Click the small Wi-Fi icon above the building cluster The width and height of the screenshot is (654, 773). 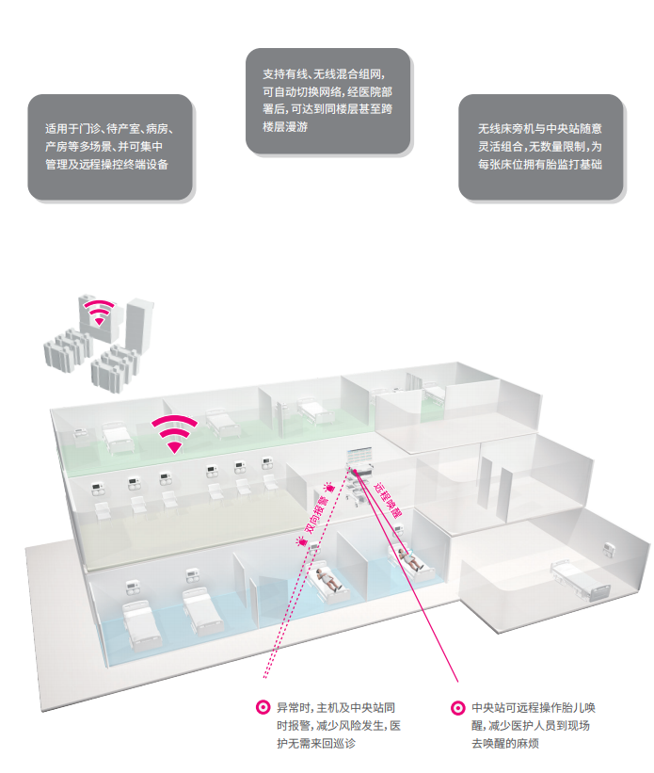click(99, 311)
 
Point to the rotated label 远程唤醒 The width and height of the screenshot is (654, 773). click(387, 504)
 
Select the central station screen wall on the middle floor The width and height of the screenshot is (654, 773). click(360, 459)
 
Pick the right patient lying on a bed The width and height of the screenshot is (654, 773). click(411, 561)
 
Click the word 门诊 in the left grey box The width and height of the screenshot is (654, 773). click(91, 128)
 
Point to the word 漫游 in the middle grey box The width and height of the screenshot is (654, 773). click(307, 125)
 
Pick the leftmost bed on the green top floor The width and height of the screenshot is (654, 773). click(116, 436)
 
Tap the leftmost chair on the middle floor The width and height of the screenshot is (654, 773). click(101, 508)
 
